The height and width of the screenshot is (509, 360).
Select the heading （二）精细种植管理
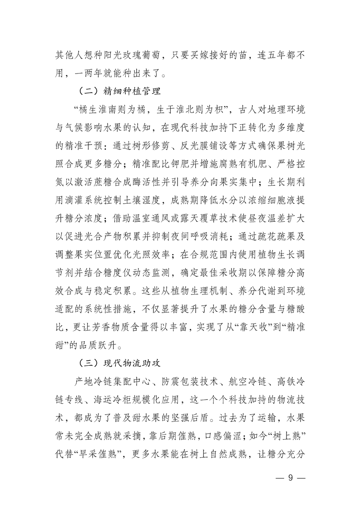coord(119,91)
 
